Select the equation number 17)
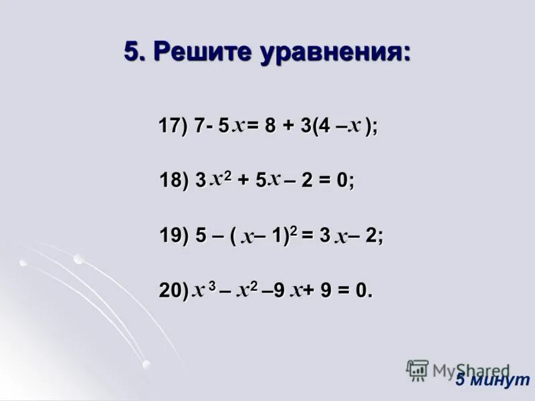click(x=173, y=126)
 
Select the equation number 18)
click(x=173, y=181)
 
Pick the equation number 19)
click(x=173, y=236)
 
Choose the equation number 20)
click(x=173, y=291)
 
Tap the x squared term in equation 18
click(x=220, y=179)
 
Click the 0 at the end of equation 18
click(x=343, y=181)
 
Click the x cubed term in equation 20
click(x=203, y=289)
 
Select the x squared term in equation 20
click(x=247, y=289)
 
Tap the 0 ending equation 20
click(x=361, y=291)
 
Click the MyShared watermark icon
click(x=417, y=370)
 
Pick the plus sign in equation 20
click(x=310, y=291)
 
